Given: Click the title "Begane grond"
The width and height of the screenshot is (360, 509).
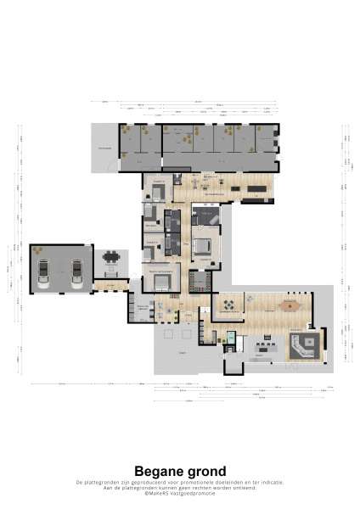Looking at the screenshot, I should [x=180, y=471].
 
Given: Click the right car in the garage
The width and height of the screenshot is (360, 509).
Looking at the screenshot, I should [x=77, y=272].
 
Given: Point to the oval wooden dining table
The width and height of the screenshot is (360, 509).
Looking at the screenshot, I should [x=291, y=303].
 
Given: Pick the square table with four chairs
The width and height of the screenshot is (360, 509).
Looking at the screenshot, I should [x=228, y=303].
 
